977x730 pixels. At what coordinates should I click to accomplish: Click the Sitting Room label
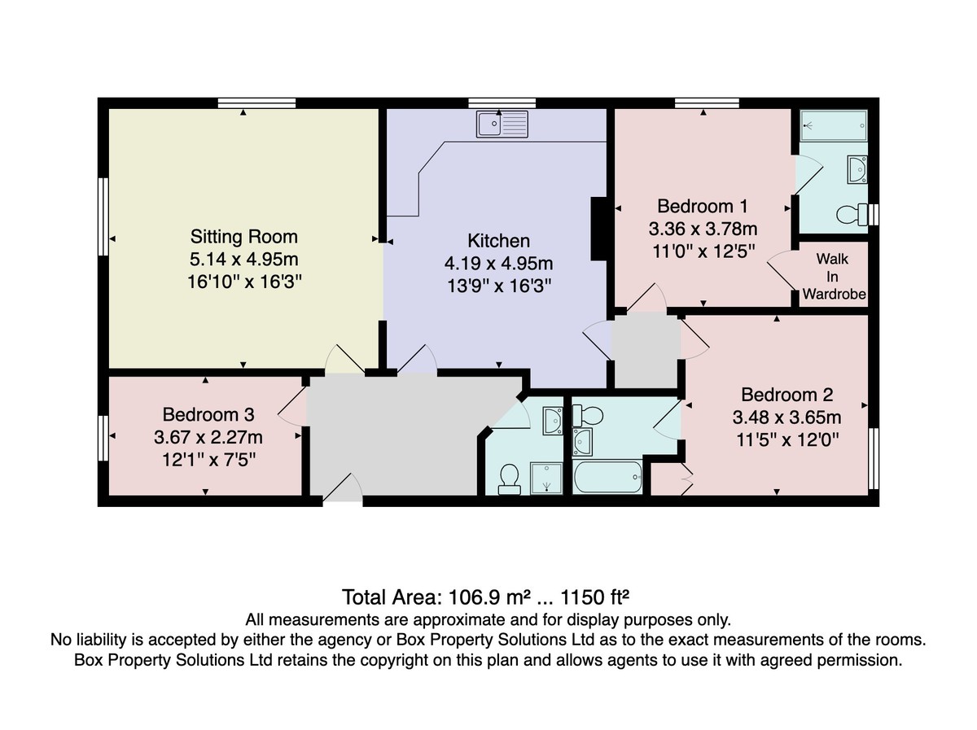point(244,236)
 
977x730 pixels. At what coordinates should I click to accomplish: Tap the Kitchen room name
point(498,241)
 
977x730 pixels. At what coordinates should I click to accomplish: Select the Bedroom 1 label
point(703,206)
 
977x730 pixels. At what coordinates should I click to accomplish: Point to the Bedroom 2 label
point(787,395)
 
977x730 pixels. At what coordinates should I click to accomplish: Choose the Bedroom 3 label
point(208,414)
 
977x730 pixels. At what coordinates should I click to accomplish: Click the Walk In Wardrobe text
point(834,276)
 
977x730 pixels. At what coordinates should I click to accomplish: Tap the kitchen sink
point(502,124)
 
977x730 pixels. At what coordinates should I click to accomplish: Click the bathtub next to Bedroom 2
point(607,478)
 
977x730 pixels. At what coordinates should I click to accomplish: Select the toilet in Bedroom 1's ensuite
point(852,215)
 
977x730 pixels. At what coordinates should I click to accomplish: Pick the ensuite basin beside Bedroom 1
point(857,169)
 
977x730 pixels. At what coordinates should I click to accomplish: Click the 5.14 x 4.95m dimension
point(244,259)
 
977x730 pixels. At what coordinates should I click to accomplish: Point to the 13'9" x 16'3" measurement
point(499,286)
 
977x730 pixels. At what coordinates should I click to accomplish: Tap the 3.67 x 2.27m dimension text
point(208,437)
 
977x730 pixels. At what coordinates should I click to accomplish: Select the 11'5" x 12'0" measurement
point(787,440)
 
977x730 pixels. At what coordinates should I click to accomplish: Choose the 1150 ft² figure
point(594,597)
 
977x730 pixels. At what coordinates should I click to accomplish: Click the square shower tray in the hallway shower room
point(546,479)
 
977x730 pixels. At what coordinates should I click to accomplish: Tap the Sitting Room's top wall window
point(256,103)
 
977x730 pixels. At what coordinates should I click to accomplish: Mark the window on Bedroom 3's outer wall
point(103,438)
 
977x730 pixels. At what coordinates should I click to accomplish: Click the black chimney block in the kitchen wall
point(598,229)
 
